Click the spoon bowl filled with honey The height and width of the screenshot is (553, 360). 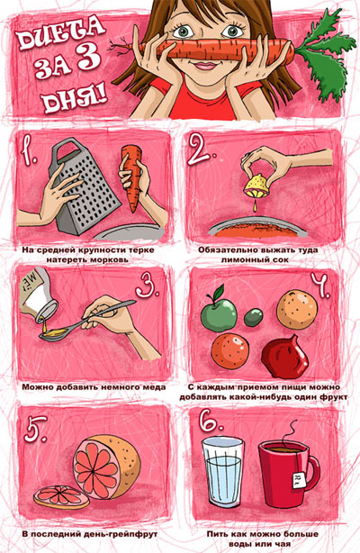pos(53,333)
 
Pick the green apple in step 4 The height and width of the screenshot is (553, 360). pos(219,313)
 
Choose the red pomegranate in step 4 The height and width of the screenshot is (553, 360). pos(285,356)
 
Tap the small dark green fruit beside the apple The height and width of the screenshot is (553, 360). pos(254,317)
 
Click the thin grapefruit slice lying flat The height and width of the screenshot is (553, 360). pos(61,497)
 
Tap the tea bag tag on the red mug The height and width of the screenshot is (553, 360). pos(299,479)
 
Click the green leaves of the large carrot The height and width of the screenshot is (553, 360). pos(324,53)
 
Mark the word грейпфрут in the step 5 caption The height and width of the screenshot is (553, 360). pos(135,534)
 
